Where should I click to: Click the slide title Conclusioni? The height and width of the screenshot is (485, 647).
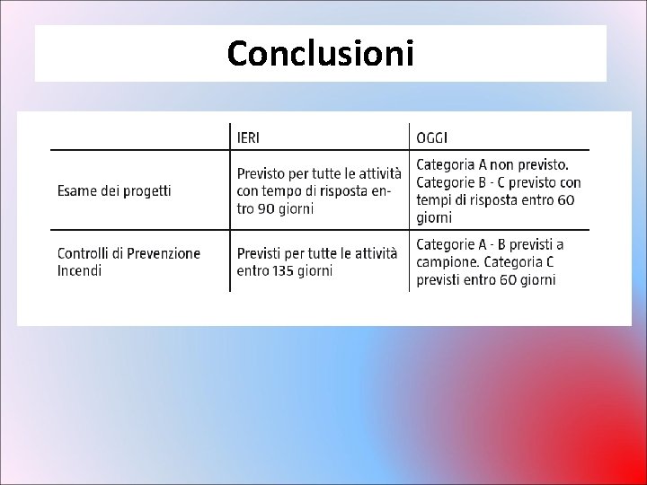pyautogui.click(x=321, y=53)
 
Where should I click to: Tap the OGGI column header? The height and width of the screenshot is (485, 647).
pyautogui.click(x=434, y=137)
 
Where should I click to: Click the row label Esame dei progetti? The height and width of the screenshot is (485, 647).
pyautogui.click(x=114, y=190)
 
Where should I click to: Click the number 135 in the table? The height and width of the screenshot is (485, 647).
pyautogui.click(x=288, y=270)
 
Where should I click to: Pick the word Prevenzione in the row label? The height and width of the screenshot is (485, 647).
pyautogui.click(x=163, y=253)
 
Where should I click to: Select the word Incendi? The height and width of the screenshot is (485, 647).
pyautogui.click(x=79, y=270)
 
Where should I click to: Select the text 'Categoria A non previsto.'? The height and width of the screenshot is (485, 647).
pyautogui.click(x=492, y=164)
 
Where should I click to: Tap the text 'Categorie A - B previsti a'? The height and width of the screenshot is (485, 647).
pyautogui.click(x=490, y=244)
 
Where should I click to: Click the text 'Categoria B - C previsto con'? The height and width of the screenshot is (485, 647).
pyautogui.click(x=499, y=182)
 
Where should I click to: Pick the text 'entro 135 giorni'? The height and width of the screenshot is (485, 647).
pyautogui.click(x=285, y=270)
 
